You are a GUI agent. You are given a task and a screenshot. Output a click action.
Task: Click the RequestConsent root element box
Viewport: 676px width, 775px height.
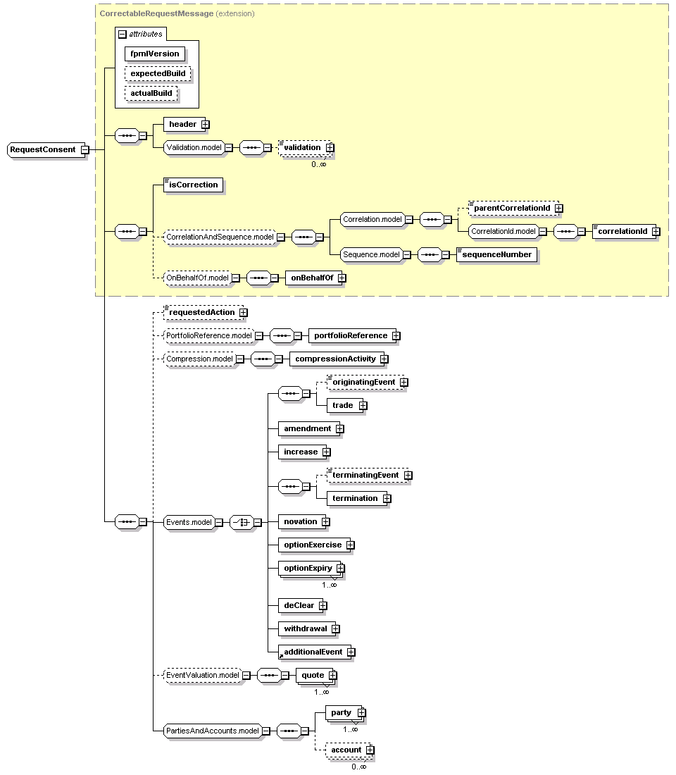[43, 149]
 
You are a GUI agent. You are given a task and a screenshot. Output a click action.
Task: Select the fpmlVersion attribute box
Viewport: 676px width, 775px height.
[154, 54]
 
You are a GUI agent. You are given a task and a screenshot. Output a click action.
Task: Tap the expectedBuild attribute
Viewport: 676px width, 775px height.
[158, 73]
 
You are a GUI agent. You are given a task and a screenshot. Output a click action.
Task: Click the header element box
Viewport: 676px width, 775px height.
[182, 124]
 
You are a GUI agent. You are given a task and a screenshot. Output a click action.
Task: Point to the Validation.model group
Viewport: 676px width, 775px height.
[193, 147]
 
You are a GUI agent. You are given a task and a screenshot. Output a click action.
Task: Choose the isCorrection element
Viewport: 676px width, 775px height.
[194, 185]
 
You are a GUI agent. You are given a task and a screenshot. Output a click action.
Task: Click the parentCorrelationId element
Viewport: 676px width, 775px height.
[511, 208]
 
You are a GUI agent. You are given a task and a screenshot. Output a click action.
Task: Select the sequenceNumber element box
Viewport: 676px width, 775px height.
[497, 254]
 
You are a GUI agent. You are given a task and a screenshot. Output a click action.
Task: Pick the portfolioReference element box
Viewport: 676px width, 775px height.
[350, 335]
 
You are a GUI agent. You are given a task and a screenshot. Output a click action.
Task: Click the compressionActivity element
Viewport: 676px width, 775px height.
[335, 359]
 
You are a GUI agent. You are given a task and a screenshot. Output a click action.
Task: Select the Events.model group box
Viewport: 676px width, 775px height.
[188, 522]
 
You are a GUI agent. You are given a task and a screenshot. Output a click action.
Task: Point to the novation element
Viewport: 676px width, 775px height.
[300, 521]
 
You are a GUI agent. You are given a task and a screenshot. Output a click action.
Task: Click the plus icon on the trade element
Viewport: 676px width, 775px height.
[363, 406]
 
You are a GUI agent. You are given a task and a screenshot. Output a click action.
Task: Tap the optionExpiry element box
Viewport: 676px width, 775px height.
[307, 568]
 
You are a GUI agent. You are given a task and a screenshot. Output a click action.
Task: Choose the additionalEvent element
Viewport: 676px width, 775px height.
[313, 652]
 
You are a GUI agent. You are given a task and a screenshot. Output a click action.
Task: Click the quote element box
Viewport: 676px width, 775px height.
[313, 675]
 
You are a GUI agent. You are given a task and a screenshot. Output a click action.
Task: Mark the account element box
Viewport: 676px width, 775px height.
[346, 750]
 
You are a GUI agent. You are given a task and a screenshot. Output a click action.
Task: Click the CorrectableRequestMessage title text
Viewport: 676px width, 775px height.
[156, 13]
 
